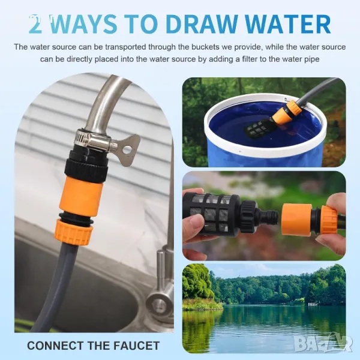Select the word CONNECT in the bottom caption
click(x=55, y=346)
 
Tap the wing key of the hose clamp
click(x=128, y=150)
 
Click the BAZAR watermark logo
click(x=323, y=343)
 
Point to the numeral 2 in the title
click(x=36, y=25)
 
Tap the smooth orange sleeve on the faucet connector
click(x=81, y=196)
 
